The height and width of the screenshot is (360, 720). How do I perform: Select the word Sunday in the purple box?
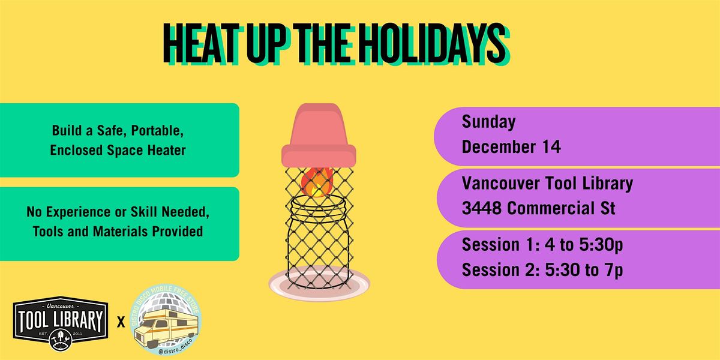click(x=488, y=122)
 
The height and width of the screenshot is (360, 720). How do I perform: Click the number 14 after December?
click(x=550, y=147)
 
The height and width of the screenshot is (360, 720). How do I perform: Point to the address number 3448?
click(x=482, y=209)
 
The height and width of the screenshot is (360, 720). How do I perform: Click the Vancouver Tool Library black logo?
click(x=60, y=319)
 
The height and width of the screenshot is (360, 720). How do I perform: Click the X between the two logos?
click(x=121, y=322)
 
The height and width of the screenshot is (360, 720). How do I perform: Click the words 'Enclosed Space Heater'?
click(x=118, y=150)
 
